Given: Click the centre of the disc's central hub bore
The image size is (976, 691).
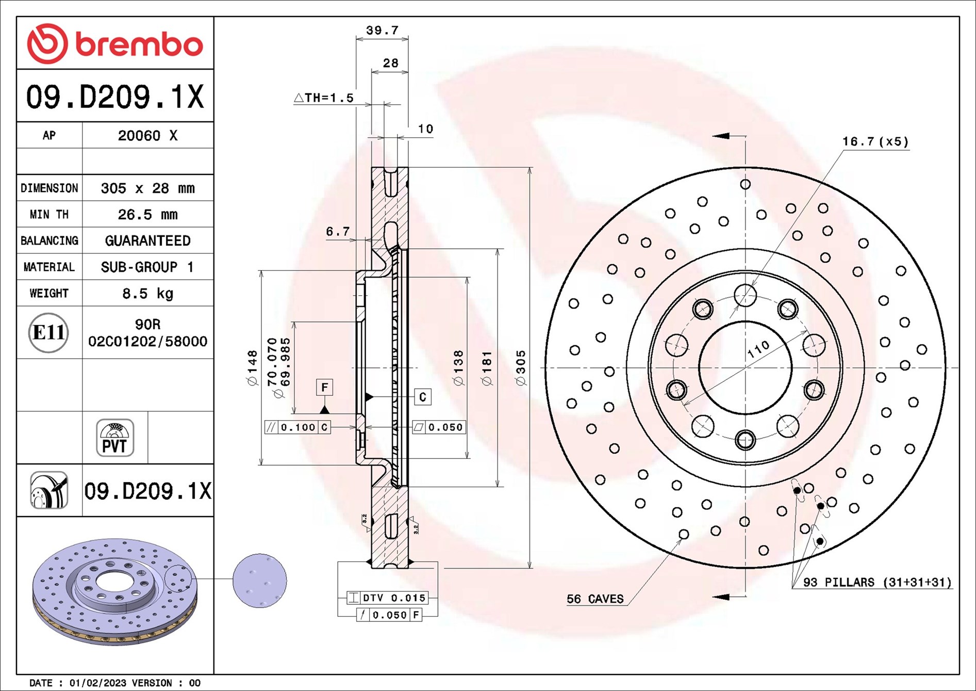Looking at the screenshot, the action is pos(745,368).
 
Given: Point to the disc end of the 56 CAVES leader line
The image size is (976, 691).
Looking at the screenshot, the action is pos(682,538).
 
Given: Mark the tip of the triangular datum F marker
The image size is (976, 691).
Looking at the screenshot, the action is pos(324,406).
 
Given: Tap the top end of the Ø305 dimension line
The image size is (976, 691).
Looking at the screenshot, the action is pos(530,168).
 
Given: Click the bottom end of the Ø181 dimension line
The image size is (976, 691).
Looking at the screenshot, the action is pos(498,486).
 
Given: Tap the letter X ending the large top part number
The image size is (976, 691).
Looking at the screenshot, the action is pos(195,97).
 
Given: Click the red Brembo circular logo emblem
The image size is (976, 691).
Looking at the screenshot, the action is pos(47,43).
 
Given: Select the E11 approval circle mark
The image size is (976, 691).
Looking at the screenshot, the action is pos(48,333).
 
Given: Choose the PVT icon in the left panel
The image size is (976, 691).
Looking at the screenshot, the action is pos(115,438).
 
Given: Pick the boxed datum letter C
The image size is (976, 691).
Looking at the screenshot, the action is pos(423,397).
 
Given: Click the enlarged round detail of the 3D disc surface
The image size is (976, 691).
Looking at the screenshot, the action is pos(259,581).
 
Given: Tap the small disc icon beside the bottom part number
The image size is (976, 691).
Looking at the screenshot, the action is pos(49,490).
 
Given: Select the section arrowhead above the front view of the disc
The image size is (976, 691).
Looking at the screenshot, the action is pos(721,136).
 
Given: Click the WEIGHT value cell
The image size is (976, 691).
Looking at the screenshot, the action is pos(148,293).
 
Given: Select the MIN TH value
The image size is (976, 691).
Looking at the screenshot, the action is pos(147,215).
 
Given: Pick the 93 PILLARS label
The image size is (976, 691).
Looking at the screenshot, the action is pos(877,582).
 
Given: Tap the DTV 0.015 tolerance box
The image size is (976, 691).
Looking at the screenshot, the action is pos(388,598).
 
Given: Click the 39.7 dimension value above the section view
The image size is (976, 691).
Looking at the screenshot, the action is pos(382,30).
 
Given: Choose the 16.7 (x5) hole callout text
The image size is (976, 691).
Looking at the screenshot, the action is pos(875,141).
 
